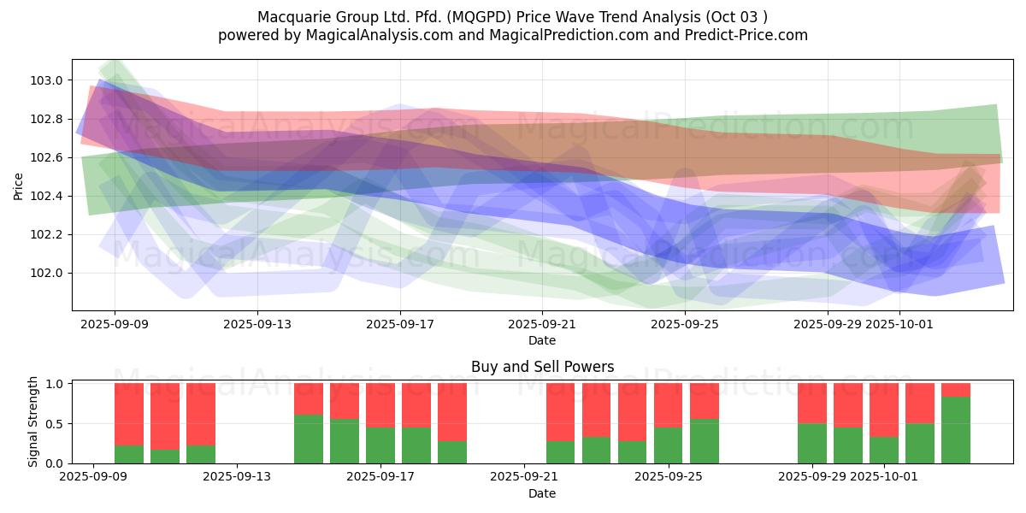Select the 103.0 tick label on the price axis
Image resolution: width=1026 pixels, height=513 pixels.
pos(47,80)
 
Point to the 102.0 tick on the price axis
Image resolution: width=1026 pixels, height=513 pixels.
pos(47,274)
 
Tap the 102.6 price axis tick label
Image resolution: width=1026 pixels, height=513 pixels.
pos(47,158)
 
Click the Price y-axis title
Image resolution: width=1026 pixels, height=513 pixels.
pos(19,185)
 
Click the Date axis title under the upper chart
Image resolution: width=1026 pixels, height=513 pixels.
pos(542,340)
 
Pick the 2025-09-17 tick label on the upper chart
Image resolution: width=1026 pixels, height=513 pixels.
pos(400,325)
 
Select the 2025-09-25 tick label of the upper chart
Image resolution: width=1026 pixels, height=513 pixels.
pos(685,325)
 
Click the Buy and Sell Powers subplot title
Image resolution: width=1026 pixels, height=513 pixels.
pos(542,367)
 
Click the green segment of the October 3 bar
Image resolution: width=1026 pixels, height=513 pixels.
pos(956,430)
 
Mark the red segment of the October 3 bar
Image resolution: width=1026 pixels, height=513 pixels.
pos(956,390)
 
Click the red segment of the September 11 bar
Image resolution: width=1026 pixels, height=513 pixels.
pos(201,414)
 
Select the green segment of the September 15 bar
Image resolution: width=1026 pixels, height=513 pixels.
pos(309,439)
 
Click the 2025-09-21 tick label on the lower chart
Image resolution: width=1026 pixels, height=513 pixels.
pos(523,476)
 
